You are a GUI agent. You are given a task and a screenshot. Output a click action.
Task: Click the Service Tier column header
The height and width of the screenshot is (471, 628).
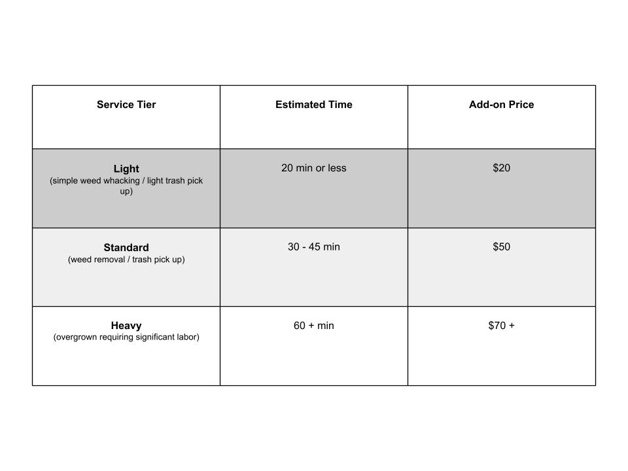point(126,105)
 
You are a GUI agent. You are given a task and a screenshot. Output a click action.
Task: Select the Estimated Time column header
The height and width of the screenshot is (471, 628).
point(314,105)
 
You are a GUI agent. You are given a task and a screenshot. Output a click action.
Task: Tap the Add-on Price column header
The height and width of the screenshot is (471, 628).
point(501,105)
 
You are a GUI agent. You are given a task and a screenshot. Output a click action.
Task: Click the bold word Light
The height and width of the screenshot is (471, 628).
point(126,169)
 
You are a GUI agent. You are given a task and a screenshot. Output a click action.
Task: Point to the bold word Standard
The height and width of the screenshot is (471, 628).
point(126,248)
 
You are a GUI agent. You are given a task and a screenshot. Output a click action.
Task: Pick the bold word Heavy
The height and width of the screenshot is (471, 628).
point(126,326)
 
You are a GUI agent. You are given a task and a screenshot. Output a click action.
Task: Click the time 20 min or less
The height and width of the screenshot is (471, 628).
point(314,168)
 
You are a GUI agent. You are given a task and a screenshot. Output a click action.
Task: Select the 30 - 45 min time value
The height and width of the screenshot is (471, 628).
point(314,247)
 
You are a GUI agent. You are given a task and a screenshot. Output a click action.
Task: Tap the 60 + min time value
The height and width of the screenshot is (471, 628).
point(314,326)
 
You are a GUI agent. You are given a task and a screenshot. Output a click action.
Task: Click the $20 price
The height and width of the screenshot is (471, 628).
point(501,168)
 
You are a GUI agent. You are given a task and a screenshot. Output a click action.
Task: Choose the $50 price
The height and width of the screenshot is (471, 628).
point(501,247)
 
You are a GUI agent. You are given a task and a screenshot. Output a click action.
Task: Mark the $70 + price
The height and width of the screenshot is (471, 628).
point(501,326)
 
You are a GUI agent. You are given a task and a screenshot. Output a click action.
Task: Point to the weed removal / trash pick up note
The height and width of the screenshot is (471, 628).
point(126,260)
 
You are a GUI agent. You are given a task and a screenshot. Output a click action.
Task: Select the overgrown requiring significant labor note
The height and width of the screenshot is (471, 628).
point(126,338)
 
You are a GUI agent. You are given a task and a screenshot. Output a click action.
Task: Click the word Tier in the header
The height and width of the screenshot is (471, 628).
point(145,105)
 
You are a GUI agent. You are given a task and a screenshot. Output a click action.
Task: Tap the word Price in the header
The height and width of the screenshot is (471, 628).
point(520,105)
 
